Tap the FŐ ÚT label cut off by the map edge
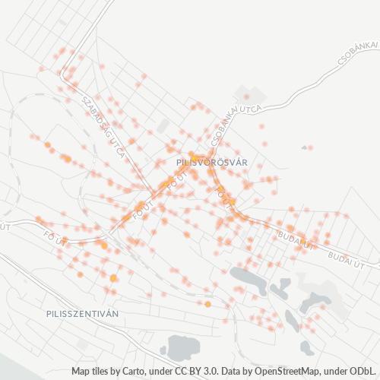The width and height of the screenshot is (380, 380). click(x=7, y=226)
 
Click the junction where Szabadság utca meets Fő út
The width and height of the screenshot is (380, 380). click(x=138, y=206)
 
